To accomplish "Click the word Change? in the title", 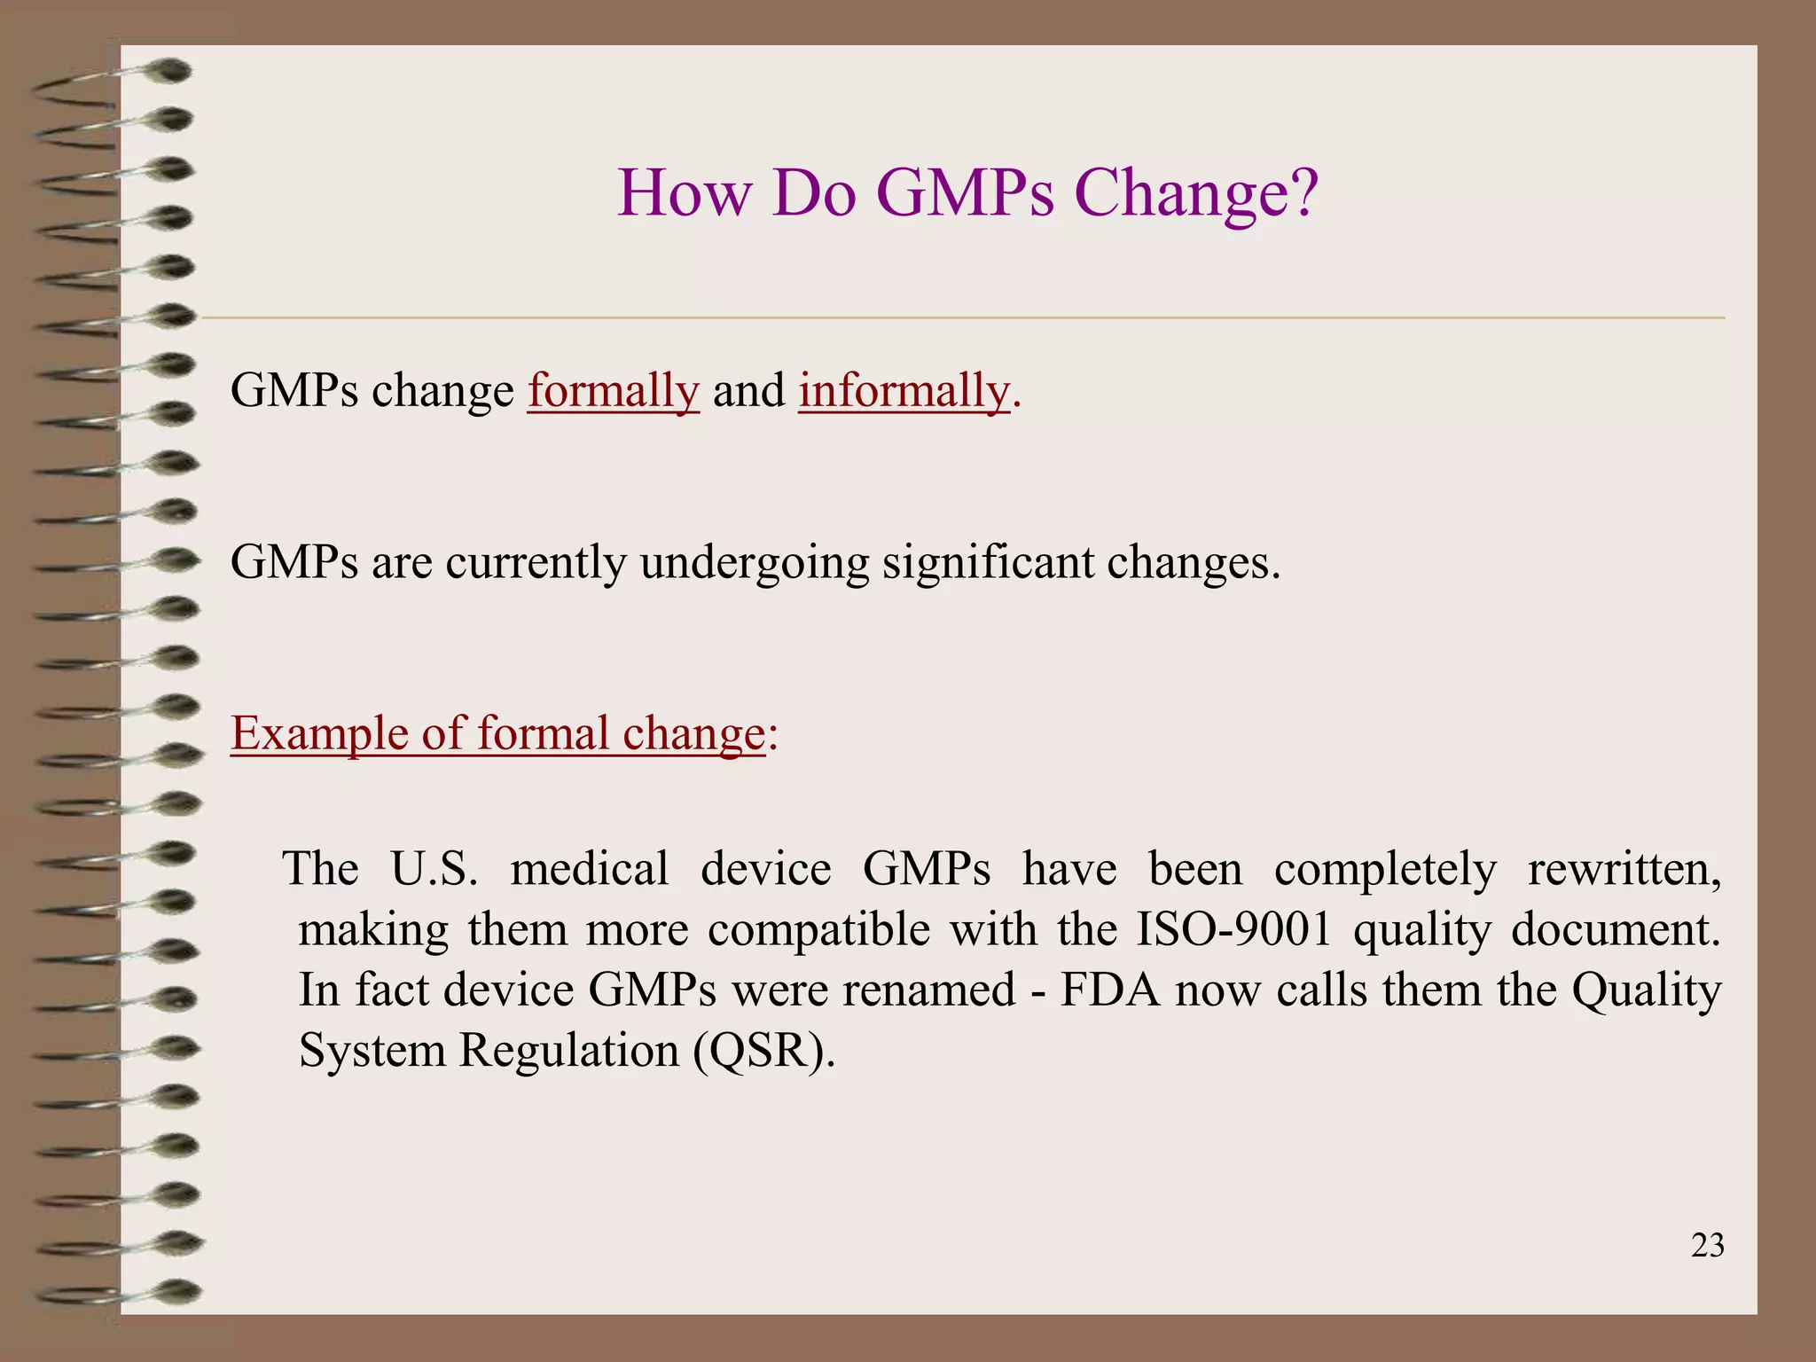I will point(1196,193).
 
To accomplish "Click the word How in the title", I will point(684,193).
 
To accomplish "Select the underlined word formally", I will point(614,391).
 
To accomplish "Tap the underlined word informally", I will point(904,391).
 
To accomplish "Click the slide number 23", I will point(1707,1246).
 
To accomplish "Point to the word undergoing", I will point(754,563).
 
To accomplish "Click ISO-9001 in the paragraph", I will point(1234,929).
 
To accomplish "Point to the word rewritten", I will point(1624,869).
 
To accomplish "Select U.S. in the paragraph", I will point(434,869).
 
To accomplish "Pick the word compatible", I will point(818,929).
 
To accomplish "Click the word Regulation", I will point(568,1051).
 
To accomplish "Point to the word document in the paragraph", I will point(1615,929).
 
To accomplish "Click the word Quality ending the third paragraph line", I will point(1646,990).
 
